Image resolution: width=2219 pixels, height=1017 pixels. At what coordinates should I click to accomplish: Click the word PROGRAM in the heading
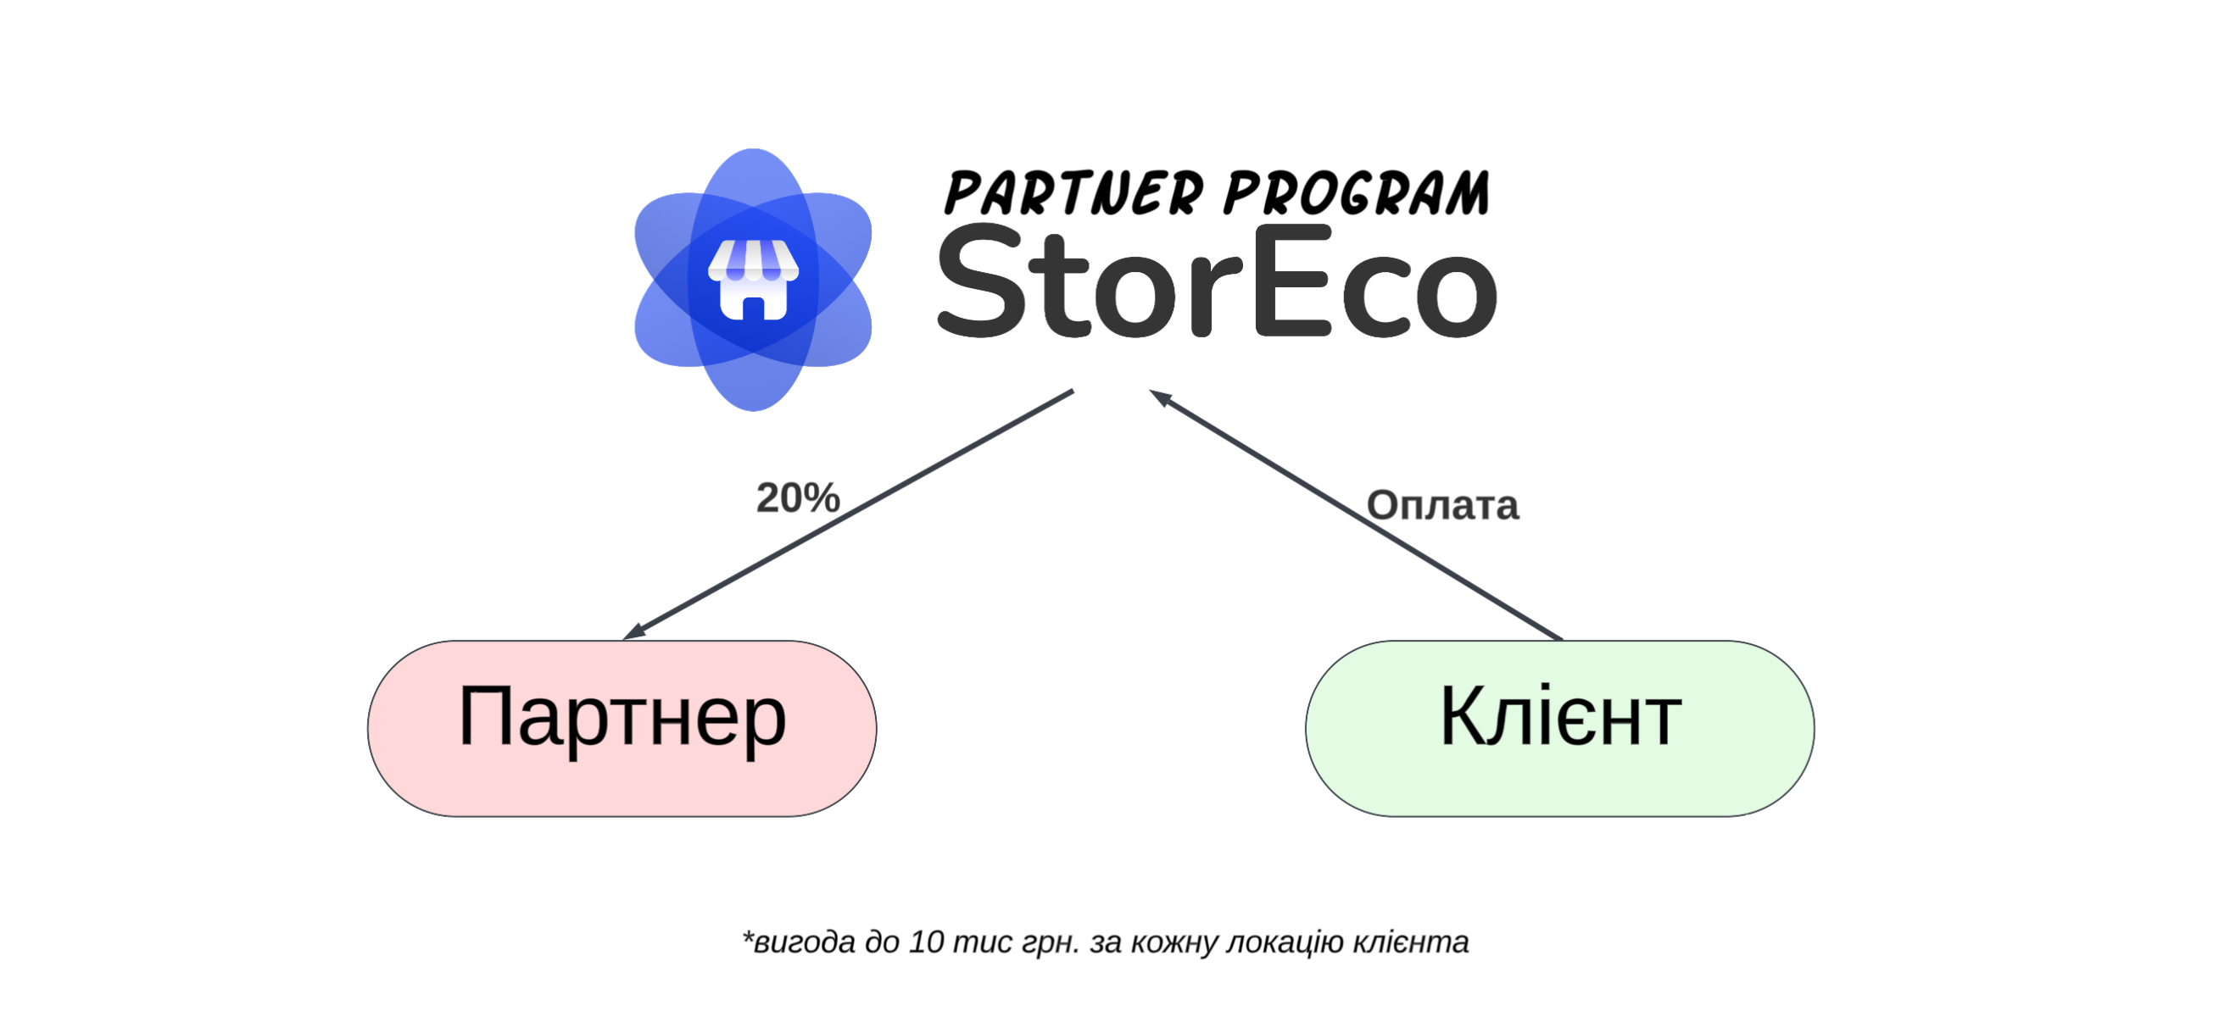(x=1356, y=192)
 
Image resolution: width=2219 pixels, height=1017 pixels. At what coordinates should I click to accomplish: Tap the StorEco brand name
(x=1217, y=281)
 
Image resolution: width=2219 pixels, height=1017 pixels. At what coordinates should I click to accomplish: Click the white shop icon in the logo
(x=753, y=280)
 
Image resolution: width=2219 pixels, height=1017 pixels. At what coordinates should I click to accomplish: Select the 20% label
(x=798, y=497)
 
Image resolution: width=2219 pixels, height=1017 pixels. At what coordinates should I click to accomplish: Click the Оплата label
(x=1443, y=505)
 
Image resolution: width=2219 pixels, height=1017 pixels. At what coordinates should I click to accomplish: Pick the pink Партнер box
(x=622, y=729)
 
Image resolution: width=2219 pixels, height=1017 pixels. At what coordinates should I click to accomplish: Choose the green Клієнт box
(x=1560, y=729)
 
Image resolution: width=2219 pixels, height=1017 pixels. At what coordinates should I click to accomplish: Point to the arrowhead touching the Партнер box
(x=633, y=632)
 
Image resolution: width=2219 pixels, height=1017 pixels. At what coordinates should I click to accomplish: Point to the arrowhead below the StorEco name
(x=1160, y=397)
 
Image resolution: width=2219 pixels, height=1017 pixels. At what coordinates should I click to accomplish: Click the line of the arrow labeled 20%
(x=848, y=515)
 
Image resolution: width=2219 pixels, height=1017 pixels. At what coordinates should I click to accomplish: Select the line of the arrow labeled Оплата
(x=1356, y=515)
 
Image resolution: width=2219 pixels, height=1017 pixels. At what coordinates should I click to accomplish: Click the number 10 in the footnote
(x=927, y=942)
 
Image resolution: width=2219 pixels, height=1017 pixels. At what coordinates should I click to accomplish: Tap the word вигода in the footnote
(x=804, y=943)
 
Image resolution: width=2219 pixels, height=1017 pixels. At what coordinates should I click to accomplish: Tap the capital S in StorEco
(x=981, y=281)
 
